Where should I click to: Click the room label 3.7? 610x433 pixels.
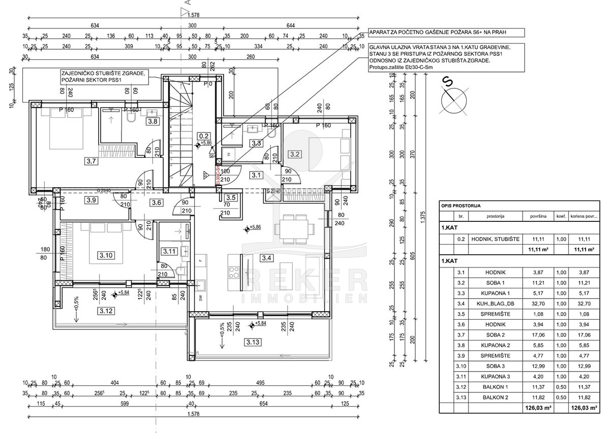(91, 162)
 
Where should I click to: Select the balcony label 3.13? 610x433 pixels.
(253, 342)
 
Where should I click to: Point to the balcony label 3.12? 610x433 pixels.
(92, 311)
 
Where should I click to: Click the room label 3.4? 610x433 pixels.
(266, 258)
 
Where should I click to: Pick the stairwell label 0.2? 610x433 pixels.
(204, 136)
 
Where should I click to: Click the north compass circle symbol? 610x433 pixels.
(454, 103)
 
